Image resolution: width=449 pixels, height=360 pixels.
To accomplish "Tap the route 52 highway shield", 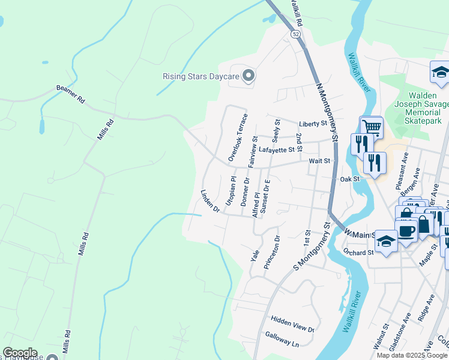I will coord(296,35).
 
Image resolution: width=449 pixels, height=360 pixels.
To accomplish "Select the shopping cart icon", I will coord(372,127).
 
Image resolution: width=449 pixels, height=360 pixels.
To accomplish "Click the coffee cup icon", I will coord(406,230).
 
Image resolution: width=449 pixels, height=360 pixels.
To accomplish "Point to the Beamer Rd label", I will coord(71,94).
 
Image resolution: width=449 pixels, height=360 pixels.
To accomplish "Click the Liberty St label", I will coord(312,124).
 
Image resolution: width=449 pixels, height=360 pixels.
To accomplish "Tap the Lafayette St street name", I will coord(277,149).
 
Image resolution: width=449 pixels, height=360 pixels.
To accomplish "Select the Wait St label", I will coord(319,161).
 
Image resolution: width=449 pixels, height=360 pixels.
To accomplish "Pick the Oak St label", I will coord(349,179).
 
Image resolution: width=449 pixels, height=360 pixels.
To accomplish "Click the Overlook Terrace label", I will coord(237,137).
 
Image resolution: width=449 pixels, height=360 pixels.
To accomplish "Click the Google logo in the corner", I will coord(20,353).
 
